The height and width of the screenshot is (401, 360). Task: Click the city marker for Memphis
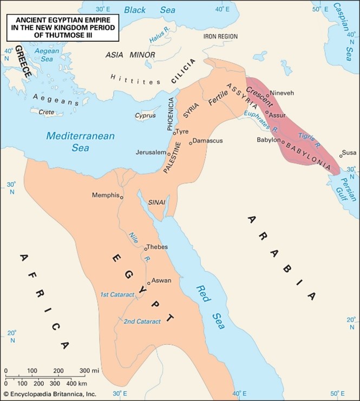click(x=122, y=198)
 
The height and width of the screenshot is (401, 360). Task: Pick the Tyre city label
click(x=182, y=132)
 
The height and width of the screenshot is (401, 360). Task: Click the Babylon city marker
click(x=283, y=140)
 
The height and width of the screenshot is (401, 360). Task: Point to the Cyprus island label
click(x=145, y=115)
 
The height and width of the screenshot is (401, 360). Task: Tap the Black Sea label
click(x=142, y=10)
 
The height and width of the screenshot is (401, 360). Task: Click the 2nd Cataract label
click(x=142, y=321)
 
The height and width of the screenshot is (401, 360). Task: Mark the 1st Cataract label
click(x=118, y=294)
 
